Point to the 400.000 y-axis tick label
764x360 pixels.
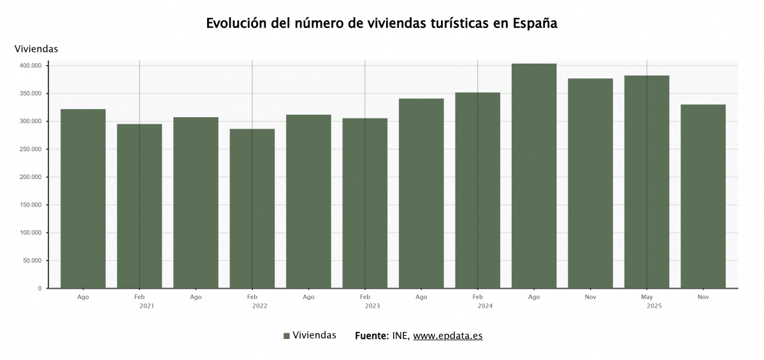[x=30, y=66]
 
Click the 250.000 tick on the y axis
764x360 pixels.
[x=30, y=149]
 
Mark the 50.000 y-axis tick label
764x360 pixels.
[x=32, y=261]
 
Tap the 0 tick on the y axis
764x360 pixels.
[x=40, y=289]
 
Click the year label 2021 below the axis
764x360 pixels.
[x=147, y=306]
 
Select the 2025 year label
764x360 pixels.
[x=654, y=306]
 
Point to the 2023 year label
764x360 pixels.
[x=372, y=306]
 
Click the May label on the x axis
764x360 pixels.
[x=647, y=297]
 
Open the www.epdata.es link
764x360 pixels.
[x=447, y=336]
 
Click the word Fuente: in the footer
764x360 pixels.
[x=371, y=336]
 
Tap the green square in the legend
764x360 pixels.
[x=287, y=336]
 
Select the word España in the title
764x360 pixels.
[x=534, y=24]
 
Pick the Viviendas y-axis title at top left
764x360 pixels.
[x=36, y=48]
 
